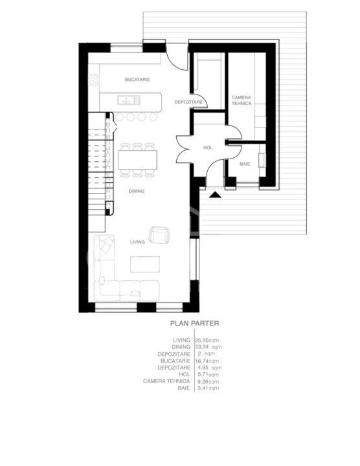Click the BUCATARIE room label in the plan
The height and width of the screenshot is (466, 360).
tap(138, 79)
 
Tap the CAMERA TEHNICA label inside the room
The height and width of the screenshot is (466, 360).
tap(241, 100)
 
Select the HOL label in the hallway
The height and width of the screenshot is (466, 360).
tap(208, 148)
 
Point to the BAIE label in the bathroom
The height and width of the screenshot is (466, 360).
tap(245, 164)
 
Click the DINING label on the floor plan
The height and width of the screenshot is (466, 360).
tap(136, 192)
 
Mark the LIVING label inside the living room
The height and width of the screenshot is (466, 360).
tap(137, 241)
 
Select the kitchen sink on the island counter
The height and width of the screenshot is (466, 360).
tap(128, 100)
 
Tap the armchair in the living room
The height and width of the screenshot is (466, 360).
tap(159, 234)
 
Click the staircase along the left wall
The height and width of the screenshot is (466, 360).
tap(97, 172)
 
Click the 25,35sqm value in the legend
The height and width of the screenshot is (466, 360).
tap(207, 339)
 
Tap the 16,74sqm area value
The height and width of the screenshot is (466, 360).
tap(207, 361)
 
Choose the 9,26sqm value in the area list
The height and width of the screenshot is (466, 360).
tap(207, 381)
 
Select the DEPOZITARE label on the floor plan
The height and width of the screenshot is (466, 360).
tap(190, 102)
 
